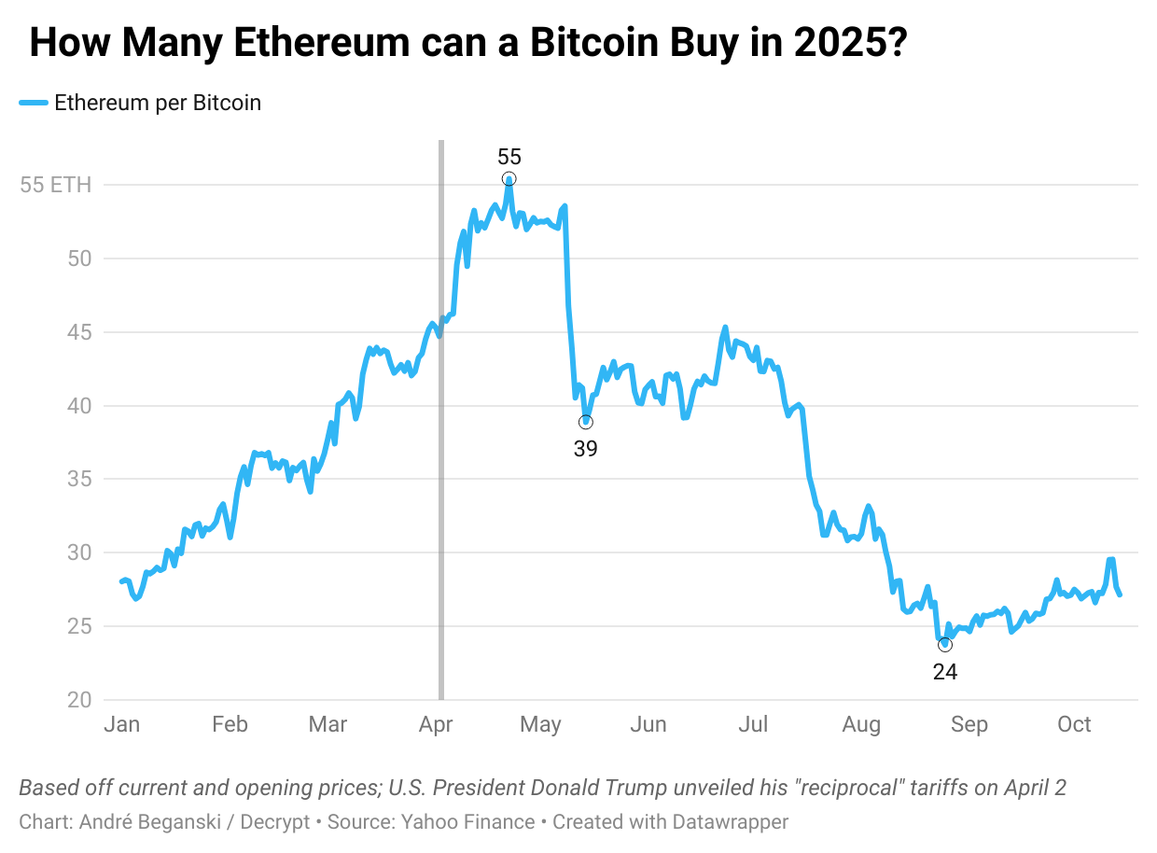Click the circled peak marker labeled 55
coord(509,179)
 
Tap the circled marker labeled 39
coord(586,422)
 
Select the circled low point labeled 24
coord(945,645)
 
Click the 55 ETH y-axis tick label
coord(56,185)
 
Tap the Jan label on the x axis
coord(121,725)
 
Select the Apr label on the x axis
coord(437,725)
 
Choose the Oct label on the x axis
coord(1074,725)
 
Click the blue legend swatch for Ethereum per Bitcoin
coord(34,104)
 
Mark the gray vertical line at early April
coord(441,420)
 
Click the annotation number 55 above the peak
coord(509,156)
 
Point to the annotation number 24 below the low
coord(945,671)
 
